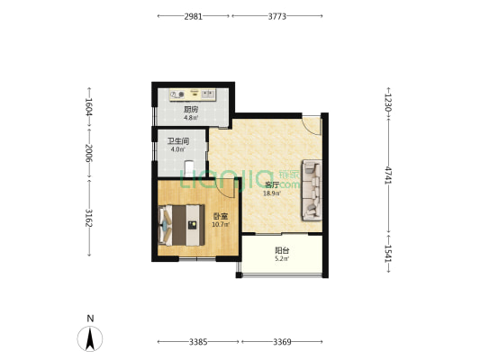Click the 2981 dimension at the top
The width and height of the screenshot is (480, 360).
tap(193, 16)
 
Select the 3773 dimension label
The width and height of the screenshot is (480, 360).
tap(277, 16)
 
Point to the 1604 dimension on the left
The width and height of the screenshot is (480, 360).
tap(89, 107)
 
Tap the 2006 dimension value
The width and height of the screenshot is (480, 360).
tap(89, 153)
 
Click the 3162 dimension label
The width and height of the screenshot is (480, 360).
tap(89, 218)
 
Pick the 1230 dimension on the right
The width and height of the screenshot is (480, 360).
tap(388, 103)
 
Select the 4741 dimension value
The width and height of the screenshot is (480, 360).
tap(388, 175)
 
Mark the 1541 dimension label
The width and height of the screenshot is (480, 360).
tap(388, 254)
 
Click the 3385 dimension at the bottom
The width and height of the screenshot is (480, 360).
tap(198, 342)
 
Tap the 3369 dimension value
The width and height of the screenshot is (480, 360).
tap(282, 342)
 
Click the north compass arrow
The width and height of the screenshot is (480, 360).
tap(90, 338)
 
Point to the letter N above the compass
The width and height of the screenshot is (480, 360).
tap(90, 319)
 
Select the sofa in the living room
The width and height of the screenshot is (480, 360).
tap(312, 190)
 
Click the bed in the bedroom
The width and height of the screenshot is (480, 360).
tap(181, 225)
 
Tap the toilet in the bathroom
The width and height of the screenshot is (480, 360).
tap(189, 168)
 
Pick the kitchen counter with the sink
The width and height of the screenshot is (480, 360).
tap(192, 94)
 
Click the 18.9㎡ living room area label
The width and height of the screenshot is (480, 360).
tap(272, 193)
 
